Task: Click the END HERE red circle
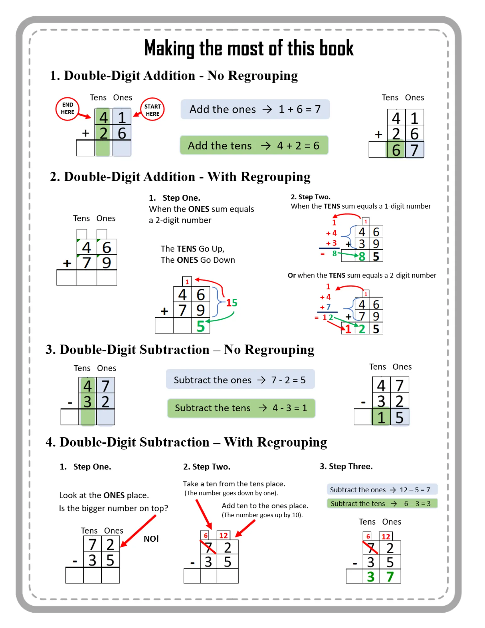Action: coord(67,109)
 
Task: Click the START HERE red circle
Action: coord(152,110)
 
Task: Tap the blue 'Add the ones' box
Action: coord(255,109)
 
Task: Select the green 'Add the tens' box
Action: coord(254,145)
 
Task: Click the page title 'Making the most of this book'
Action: coord(249,48)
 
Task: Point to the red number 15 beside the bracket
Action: coord(232,303)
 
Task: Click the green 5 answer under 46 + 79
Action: coord(201,326)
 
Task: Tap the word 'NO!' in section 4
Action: coord(151,539)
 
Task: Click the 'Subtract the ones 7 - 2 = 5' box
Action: coord(240,380)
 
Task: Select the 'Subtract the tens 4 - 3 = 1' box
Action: coord(241,408)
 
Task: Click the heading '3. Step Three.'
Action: coord(346,466)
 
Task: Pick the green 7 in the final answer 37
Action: coord(390,577)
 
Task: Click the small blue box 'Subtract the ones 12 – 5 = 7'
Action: coord(382,490)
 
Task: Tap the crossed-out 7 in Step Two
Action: coord(208,548)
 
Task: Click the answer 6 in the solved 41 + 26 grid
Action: coord(396,150)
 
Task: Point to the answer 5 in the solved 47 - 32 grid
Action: coord(399,418)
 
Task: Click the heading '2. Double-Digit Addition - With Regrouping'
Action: coord(180,176)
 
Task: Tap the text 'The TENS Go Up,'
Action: coord(192,249)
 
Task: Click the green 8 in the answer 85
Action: coord(362,257)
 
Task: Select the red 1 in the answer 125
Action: coord(348,329)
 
